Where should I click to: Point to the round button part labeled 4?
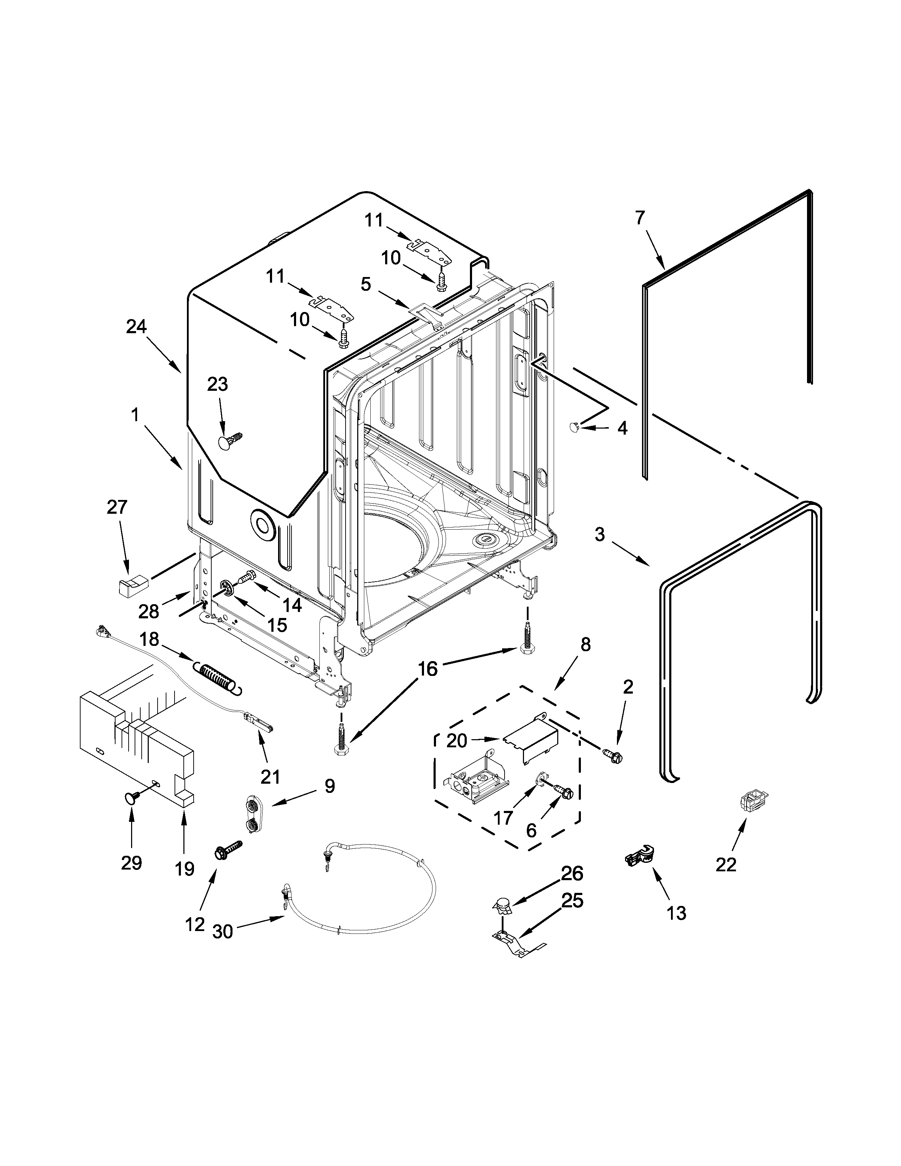(x=575, y=425)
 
